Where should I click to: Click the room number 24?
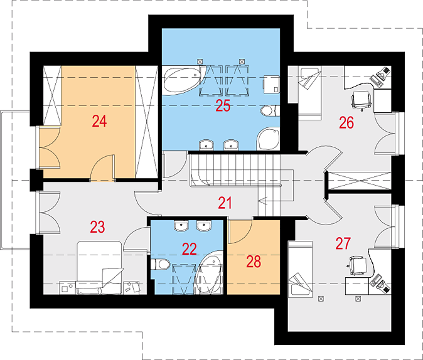tap(99, 121)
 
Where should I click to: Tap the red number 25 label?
tap(223, 106)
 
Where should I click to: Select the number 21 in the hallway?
tap(225, 203)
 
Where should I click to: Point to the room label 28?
tap(254, 262)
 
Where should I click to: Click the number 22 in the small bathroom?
tap(190, 249)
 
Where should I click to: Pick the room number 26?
tap(346, 123)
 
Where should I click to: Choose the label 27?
tap(343, 243)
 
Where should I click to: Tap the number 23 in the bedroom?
tap(97, 227)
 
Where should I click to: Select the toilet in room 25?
tap(270, 110)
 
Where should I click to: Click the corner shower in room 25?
tap(267, 139)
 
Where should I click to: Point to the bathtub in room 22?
tap(210, 272)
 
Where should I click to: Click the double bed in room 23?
tap(99, 268)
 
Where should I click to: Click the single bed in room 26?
tap(309, 93)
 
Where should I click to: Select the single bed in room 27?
tap(300, 270)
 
